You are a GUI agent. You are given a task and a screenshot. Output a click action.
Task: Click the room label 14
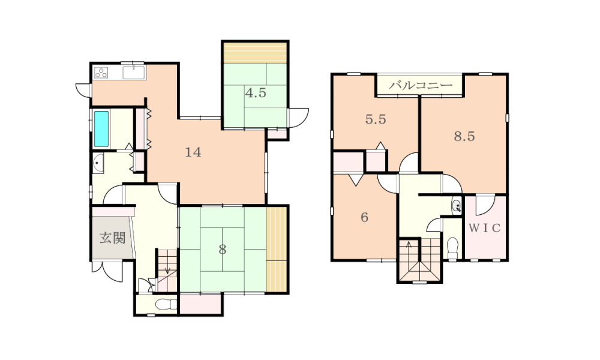click(193, 152)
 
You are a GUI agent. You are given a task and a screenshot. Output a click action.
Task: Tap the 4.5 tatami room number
click(256, 92)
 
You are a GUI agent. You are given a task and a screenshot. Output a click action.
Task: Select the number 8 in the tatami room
click(223, 250)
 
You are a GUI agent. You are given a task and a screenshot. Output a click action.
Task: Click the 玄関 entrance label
click(113, 238)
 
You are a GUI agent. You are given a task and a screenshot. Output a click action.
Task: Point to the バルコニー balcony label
click(421, 85)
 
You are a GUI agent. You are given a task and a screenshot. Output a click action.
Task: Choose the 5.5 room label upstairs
click(376, 119)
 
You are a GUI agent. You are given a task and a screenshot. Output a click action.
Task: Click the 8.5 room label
click(464, 136)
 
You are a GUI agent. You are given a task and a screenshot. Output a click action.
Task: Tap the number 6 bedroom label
click(364, 217)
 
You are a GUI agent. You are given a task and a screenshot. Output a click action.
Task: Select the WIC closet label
click(485, 228)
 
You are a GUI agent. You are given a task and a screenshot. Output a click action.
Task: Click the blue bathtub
click(101, 128)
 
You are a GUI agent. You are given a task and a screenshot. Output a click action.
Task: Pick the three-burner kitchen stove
click(101, 73)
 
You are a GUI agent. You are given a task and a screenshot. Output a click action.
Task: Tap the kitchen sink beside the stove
click(134, 73)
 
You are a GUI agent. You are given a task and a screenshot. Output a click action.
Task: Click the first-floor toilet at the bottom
click(166, 305)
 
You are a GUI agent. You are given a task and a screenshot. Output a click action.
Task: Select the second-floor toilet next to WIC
click(452, 248)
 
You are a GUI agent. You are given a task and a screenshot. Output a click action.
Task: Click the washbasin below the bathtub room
click(98, 164)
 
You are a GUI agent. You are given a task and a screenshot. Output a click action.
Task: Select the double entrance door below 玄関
click(107, 271)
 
